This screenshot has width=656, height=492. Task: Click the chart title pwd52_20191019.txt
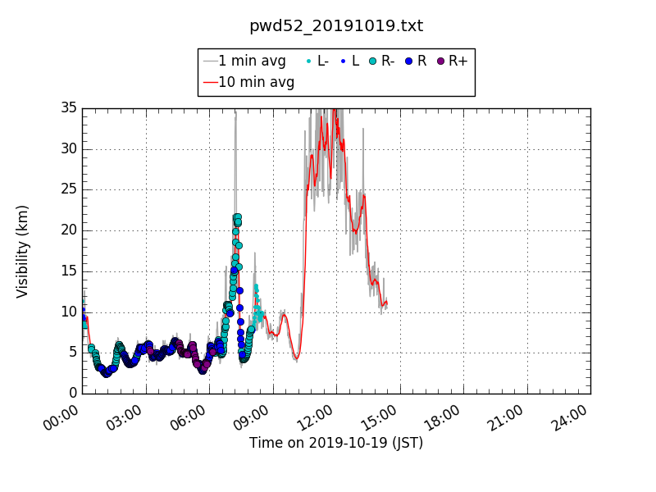pos(336,26)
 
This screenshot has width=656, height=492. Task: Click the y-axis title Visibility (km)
pos(23,251)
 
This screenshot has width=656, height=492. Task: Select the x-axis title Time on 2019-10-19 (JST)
pos(336,444)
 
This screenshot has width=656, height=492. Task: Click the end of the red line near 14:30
pos(386,302)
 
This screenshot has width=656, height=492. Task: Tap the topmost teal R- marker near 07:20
pos(238,217)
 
